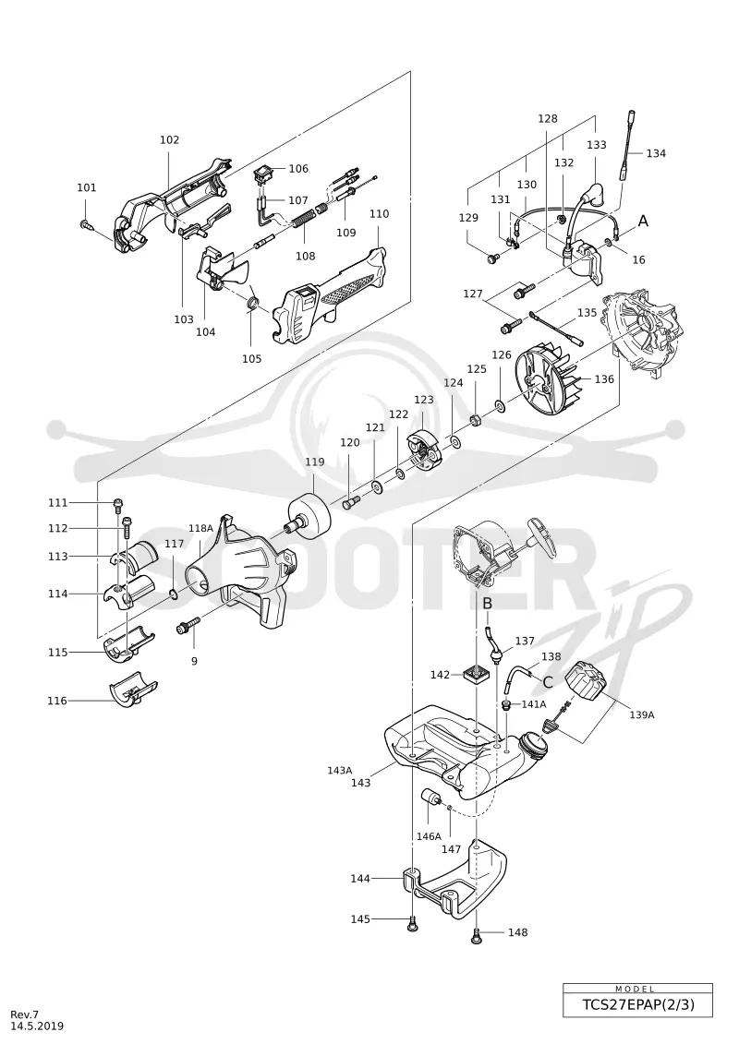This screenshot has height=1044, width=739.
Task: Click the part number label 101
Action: [87, 187]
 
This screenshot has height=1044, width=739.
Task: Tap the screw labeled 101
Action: [85, 225]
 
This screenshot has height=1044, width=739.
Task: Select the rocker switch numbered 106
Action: [263, 175]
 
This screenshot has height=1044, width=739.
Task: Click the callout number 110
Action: [379, 214]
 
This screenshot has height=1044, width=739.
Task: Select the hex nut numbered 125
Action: [476, 421]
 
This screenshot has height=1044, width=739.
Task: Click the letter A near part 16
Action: [643, 221]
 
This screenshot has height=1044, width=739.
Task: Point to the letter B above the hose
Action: [487, 603]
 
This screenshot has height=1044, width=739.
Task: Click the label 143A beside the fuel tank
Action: [339, 770]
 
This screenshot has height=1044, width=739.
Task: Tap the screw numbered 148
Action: [478, 935]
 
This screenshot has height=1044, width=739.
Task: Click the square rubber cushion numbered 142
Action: [478, 676]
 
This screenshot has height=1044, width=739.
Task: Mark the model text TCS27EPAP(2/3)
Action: [637, 1004]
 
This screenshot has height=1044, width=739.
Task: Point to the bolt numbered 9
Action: [188, 627]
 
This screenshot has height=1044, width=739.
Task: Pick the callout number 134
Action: [656, 153]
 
